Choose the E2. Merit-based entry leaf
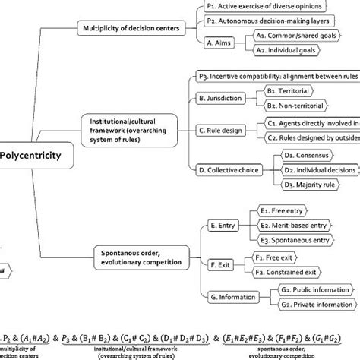303,226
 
